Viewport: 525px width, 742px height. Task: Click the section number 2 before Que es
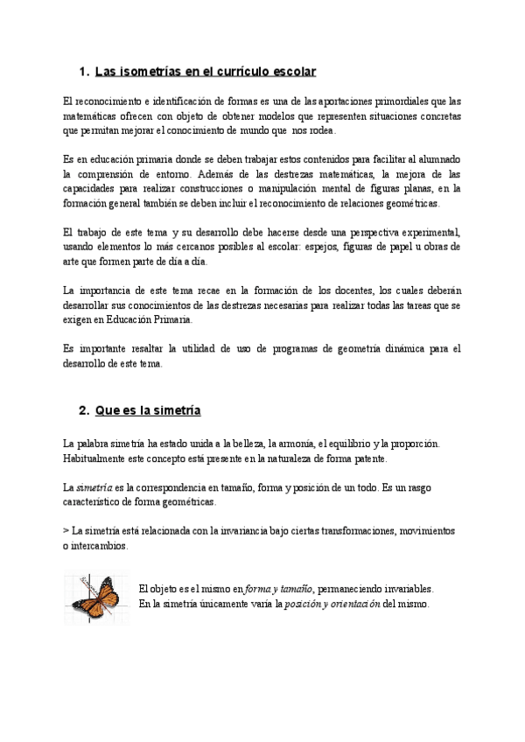(x=83, y=409)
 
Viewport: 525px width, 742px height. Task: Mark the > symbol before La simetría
(x=66, y=530)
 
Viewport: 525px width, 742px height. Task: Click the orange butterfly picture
(x=95, y=597)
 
